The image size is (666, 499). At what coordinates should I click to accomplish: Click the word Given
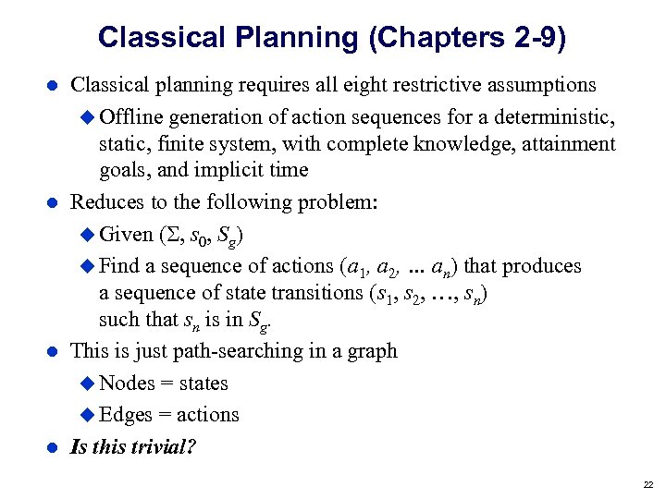coord(126,234)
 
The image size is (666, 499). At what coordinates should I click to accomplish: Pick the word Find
coord(118,266)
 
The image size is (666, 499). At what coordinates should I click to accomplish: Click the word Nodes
coord(127,383)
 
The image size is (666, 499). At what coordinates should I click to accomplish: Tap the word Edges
coord(126,415)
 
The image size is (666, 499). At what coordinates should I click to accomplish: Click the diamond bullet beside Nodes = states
coord(88,383)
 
